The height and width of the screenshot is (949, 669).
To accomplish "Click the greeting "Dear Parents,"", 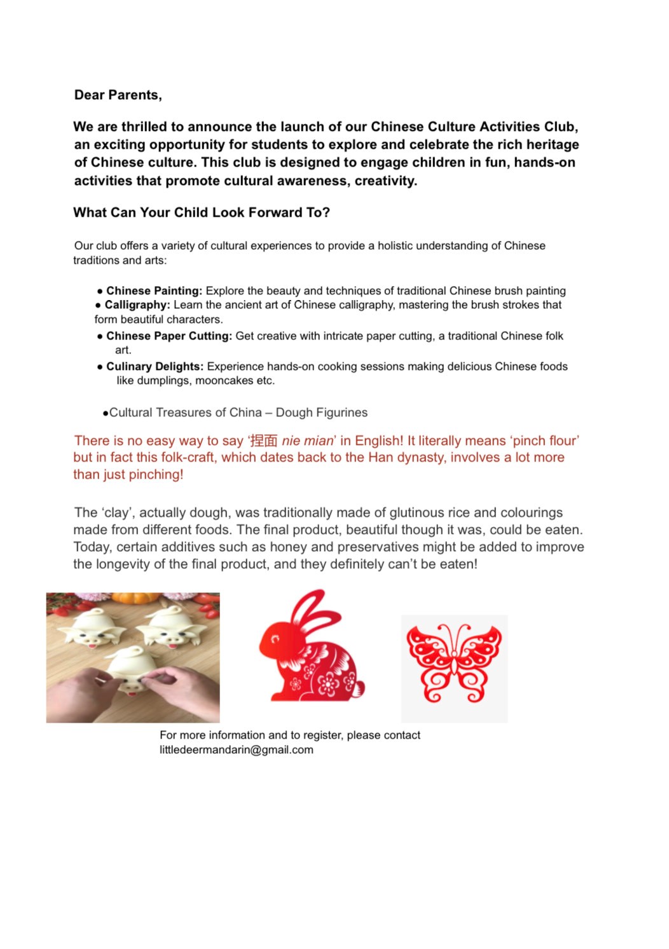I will click(x=118, y=95).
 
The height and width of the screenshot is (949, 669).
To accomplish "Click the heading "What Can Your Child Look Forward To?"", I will click(x=201, y=213).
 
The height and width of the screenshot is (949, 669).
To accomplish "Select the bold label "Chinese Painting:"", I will click(x=154, y=291).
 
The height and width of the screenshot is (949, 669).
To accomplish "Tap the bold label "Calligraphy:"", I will click(x=137, y=305).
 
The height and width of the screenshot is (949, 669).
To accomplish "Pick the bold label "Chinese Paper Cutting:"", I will click(x=169, y=336).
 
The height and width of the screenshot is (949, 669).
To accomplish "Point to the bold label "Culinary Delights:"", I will click(x=155, y=367).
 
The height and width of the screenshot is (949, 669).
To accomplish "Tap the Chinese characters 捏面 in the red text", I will click(x=264, y=441).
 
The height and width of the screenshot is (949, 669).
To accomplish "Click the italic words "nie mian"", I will click(x=307, y=441).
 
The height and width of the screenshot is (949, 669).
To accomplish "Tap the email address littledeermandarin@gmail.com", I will click(x=236, y=750).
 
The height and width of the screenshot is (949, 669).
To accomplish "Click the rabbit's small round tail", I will click(x=359, y=689).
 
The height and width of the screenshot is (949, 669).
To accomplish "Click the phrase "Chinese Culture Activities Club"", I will click(x=474, y=127).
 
